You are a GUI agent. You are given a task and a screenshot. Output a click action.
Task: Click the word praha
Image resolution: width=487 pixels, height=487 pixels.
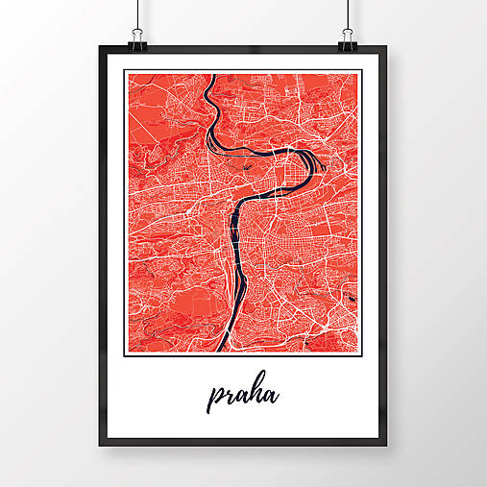click(244, 395)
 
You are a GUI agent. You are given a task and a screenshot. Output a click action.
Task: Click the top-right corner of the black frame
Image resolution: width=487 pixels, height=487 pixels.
click(389, 47)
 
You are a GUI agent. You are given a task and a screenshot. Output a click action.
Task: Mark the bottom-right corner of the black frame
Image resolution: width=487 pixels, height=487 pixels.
click(389, 446)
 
